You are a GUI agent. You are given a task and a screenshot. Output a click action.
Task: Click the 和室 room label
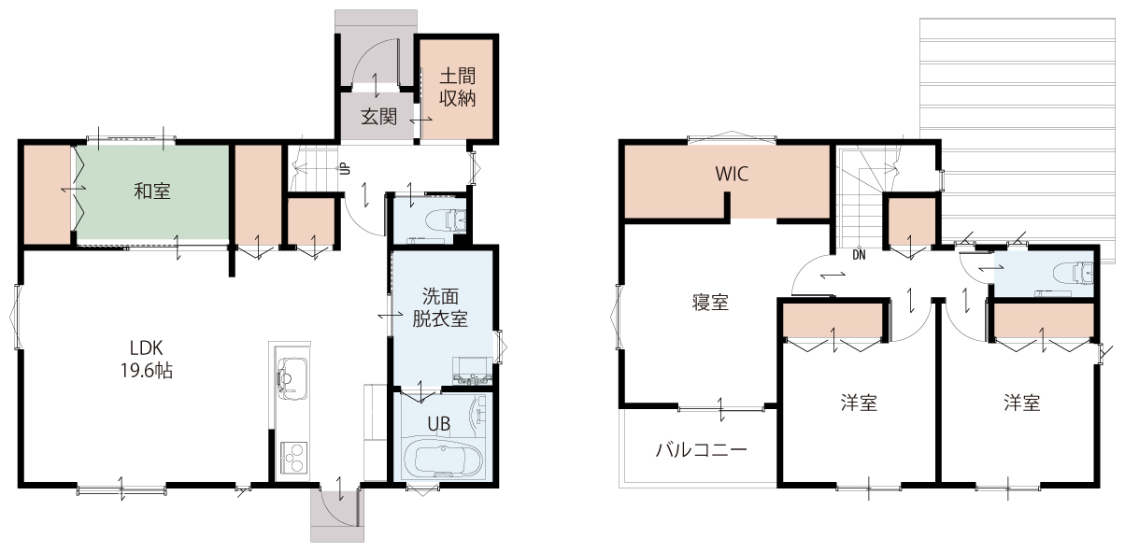[x=152, y=191]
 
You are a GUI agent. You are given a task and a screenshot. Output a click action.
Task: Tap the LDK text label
[x=146, y=347]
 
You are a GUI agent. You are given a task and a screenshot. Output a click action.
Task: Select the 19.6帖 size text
[x=146, y=371]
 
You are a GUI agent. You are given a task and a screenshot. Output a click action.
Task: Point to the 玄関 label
[x=378, y=117]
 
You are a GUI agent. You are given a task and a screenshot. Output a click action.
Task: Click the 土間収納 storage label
[x=457, y=87]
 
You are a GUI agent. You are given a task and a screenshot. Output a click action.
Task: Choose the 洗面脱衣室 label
[x=440, y=307]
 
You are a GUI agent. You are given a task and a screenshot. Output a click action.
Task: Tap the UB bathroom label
[x=438, y=425]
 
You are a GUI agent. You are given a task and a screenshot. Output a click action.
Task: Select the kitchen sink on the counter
[x=292, y=378]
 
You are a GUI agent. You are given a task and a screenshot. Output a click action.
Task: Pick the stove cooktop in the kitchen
[x=293, y=457]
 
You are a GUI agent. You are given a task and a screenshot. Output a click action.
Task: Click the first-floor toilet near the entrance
[x=446, y=219]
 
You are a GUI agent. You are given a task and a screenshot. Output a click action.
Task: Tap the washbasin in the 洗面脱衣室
[x=472, y=372]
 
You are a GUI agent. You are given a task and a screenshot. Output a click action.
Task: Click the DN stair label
[x=859, y=255]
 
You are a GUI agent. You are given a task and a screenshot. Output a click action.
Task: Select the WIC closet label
[x=732, y=174]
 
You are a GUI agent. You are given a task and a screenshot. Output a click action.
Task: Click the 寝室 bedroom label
[x=710, y=303]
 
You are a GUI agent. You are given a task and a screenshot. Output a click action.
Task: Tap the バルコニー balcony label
[x=701, y=449]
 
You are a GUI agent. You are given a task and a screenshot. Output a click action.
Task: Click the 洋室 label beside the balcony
[x=859, y=403]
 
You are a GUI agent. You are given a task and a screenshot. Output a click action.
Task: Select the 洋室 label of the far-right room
[x=1022, y=403]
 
